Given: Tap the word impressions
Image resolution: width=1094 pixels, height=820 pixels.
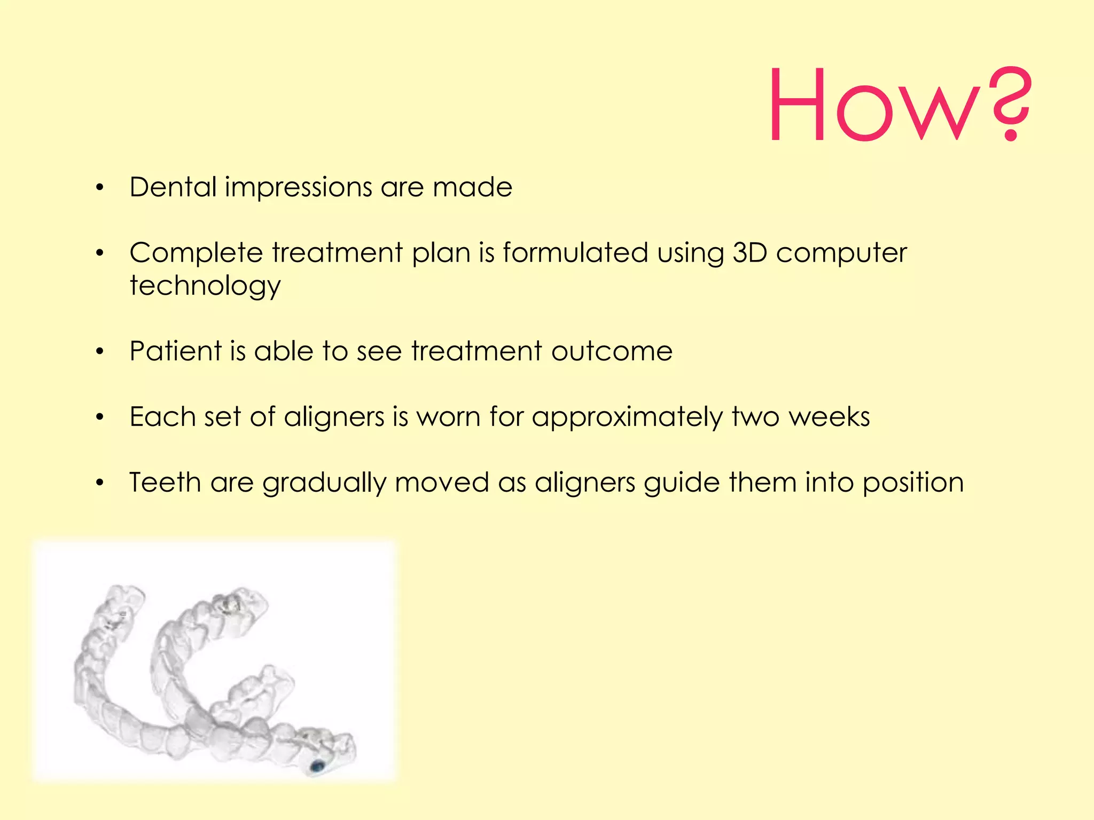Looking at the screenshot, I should coord(298,188).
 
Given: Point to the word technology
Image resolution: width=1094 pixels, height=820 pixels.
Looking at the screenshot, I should coord(205,286).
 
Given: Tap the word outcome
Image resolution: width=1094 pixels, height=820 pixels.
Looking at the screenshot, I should coord(612,351).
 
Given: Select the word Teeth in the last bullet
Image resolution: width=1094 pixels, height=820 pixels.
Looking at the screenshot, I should coord(165,482).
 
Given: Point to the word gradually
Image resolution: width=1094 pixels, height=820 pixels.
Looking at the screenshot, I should coord(324,483).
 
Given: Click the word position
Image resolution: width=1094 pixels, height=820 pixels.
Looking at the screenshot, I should coord(913,483).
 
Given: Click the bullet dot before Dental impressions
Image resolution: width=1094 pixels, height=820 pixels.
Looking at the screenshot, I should coord(99,188).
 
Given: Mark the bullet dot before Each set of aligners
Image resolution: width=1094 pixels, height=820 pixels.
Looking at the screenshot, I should coord(99,417).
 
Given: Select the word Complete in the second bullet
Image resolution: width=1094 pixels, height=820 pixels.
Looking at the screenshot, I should coord(196,253).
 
